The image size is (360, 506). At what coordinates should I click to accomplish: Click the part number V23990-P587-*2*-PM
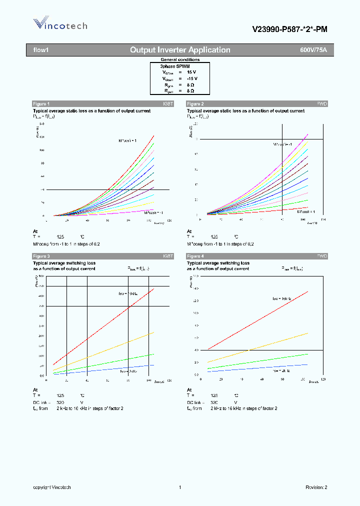(x=289, y=29)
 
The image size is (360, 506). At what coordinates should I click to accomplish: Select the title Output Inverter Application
(x=180, y=50)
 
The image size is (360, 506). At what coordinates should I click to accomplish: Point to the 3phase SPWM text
(x=175, y=66)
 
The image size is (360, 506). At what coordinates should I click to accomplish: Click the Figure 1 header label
(x=41, y=103)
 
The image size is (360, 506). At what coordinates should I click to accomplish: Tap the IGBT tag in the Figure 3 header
(x=168, y=256)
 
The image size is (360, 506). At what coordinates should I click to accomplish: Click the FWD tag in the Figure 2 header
(x=322, y=103)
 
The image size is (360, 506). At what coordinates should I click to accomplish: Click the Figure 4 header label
(x=195, y=256)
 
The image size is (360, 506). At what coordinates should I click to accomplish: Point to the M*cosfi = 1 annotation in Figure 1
(x=124, y=141)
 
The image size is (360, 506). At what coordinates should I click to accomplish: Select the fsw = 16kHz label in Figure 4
(x=282, y=298)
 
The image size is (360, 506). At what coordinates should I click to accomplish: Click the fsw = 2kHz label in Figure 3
(x=128, y=371)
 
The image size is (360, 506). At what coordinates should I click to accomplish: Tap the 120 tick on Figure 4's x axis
(x=322, y=379)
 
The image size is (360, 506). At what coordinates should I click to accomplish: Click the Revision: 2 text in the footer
(x=316, y=487)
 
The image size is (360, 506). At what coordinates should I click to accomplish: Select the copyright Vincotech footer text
(x=52, y=487)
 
